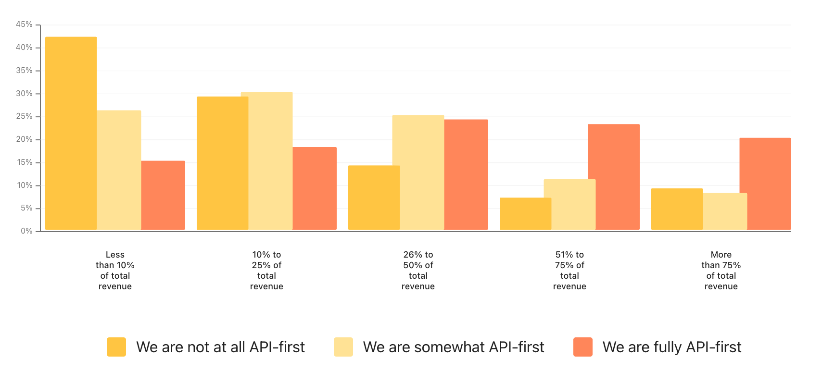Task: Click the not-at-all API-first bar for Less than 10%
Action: coord(71,133)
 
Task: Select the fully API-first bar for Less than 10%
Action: coord(163,195)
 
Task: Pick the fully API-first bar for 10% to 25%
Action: coord(315,188)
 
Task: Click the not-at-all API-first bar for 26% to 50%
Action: coord(374,198)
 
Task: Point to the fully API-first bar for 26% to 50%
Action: coord(466,174)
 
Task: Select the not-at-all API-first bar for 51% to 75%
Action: coord(525,214)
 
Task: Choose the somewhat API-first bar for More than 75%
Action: coord(725,211)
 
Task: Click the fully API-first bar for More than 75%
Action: coord(765,184)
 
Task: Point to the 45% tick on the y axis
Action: coord(38,25)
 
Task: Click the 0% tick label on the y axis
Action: coord(26,231)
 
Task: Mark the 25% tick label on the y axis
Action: coord(24,116)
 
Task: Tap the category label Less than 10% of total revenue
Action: coord(115,271)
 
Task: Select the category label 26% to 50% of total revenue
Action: coord(418,271)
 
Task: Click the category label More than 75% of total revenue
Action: coord(721,271)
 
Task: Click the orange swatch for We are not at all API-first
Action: coord(116,347)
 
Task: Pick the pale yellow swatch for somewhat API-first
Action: coord(343,347)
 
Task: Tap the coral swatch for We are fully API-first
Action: coord(583,347)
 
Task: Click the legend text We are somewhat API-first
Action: coord(454,347)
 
